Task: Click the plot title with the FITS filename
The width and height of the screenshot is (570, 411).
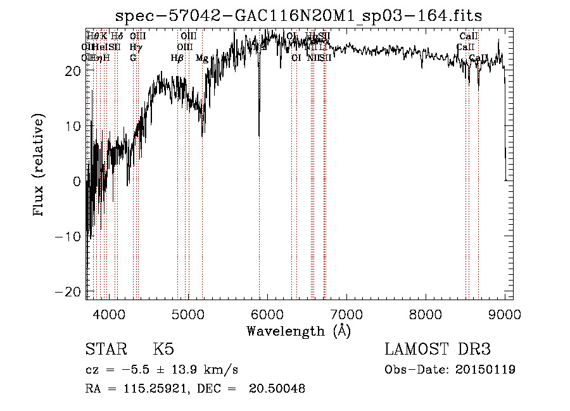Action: [304, 16]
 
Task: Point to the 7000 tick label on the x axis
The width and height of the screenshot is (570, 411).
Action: [346, 314]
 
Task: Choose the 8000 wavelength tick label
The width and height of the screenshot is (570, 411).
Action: [426, 314]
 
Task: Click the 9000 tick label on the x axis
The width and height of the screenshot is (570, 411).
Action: [505, 314]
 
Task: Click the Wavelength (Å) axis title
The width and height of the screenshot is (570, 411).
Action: [298, 331]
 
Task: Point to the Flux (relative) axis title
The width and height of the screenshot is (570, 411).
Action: [39, 165]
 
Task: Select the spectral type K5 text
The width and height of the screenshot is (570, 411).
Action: [163, 350]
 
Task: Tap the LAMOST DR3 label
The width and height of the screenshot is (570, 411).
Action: [438, 350]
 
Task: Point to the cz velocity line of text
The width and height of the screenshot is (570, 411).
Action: [161, 369]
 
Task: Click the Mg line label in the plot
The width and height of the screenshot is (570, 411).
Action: [202, 58]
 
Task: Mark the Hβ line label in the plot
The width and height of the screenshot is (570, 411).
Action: [177, 58]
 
